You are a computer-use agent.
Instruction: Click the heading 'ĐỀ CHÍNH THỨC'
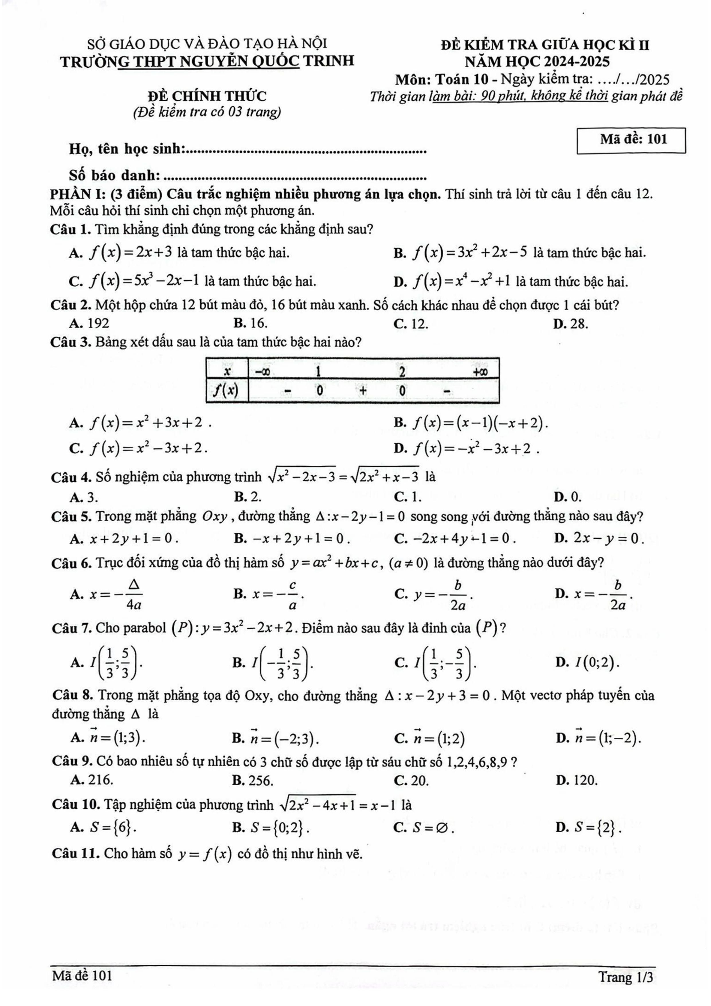pos(207,96)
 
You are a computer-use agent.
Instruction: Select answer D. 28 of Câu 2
pos(570,323)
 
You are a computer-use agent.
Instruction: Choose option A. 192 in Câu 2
pos(89,323)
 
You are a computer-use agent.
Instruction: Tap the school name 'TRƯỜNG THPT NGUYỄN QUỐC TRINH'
pos(207,61)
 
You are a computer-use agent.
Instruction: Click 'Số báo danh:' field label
pos(115,176)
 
